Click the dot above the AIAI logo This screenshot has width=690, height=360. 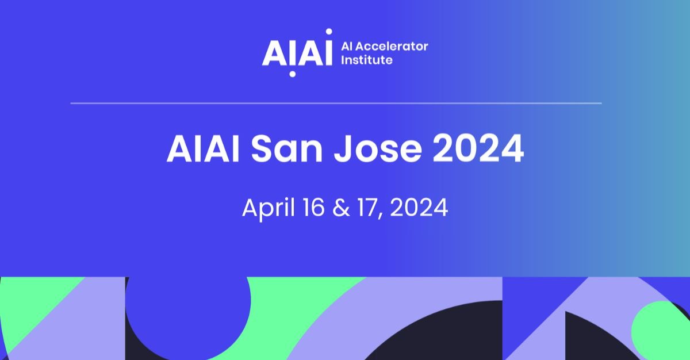[329, 32]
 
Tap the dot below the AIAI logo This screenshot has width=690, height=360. [292, 74]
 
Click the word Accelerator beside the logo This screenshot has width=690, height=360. [393, 47]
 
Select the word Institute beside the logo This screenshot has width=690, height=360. [367, 60]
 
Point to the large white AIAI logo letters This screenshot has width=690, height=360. [297, 53]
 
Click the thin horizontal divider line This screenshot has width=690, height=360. [336, 104]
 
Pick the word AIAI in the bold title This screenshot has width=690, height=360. [203, 149]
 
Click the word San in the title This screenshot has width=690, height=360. [287, 149]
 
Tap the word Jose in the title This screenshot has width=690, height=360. [378, 149]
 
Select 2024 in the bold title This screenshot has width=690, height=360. [478, 149]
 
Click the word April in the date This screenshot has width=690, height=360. [268, 209]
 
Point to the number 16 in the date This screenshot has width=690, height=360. [313, 208]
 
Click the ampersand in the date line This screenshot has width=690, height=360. [341, 208]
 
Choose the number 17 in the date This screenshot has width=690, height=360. [370, 208]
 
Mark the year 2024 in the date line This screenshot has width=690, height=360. [419, 208]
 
